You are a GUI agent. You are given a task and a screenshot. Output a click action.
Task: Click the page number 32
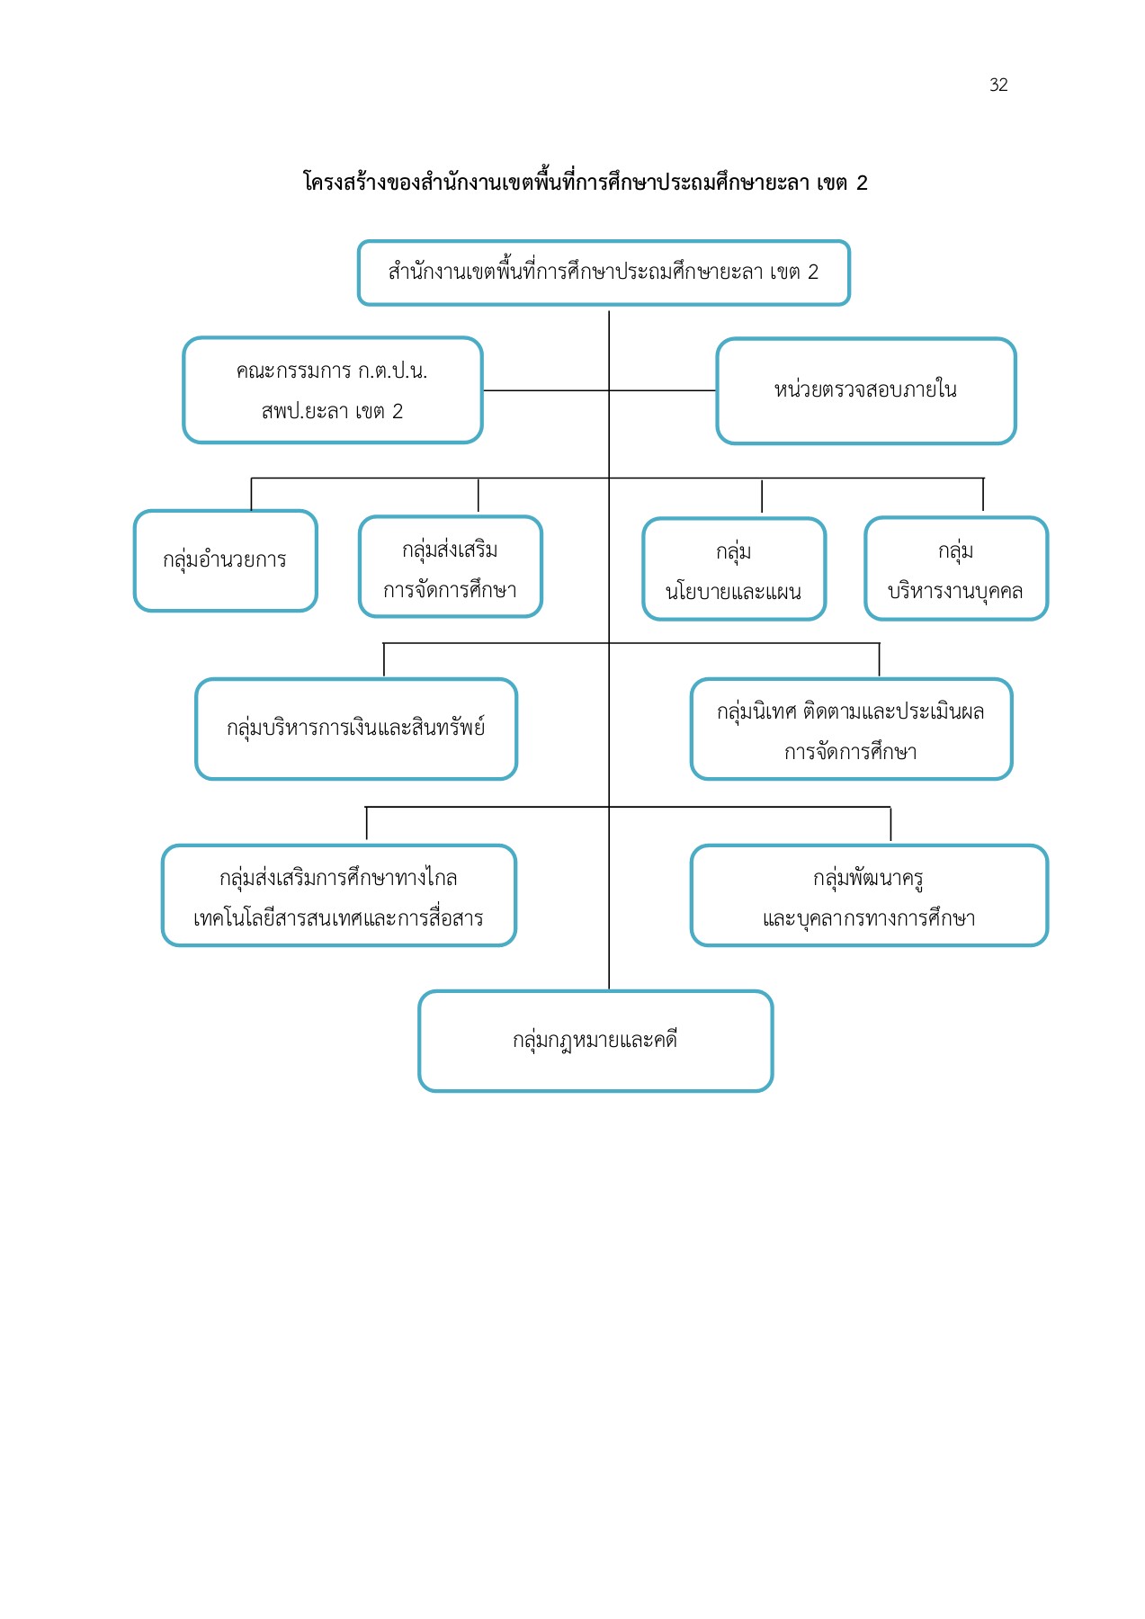tap(998, 85)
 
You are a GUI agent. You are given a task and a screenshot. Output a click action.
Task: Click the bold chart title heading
tap(585, 183)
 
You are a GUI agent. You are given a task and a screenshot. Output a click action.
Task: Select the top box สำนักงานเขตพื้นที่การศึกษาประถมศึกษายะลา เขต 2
tap(604, 273)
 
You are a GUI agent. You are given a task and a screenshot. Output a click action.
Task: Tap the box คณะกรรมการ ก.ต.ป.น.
tap(333, 390)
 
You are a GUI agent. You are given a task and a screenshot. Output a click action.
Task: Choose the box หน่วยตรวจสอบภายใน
tap(865, 390)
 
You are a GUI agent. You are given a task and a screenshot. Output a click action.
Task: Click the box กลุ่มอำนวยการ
tap(225, 560)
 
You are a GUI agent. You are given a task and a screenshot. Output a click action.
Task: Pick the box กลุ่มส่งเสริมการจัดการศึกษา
tap(450, 568)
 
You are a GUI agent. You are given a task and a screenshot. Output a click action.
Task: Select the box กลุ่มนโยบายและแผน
tap(734, 569)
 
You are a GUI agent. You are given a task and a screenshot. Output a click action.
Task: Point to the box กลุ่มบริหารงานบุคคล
tap(956, 568)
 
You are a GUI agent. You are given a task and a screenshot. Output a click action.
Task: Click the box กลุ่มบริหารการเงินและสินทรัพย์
tap(356, 729)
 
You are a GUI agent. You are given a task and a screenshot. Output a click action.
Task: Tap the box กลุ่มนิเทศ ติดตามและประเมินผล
tap(851, 729)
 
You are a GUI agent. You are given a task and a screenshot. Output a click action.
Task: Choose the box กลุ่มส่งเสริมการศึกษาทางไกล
tap(339, 896)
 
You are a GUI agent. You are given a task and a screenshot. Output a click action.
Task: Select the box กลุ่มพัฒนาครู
tap(869, 896)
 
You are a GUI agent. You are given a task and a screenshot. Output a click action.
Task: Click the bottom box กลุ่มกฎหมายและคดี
tap(595, 1041)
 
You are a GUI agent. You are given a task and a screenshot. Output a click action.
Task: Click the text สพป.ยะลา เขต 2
tap(332, 412)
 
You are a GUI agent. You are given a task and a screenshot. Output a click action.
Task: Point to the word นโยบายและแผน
tap(734, 592)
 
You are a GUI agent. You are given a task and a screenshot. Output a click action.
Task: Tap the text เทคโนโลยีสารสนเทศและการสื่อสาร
tap(339, 918)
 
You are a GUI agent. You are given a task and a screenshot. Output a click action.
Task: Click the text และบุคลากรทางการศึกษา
tap(869, 918)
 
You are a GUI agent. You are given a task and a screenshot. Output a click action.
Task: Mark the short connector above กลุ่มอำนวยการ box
tap(251, 494)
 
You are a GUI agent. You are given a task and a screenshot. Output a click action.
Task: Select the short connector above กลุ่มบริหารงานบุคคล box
tap(983, 495)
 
